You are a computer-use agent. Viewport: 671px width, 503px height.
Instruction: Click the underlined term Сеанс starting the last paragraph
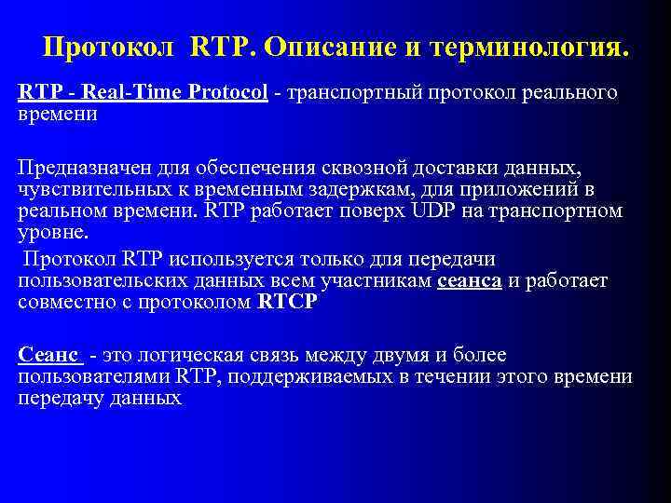coord(49,355)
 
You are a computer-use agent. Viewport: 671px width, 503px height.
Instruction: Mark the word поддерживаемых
coord(325,376)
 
